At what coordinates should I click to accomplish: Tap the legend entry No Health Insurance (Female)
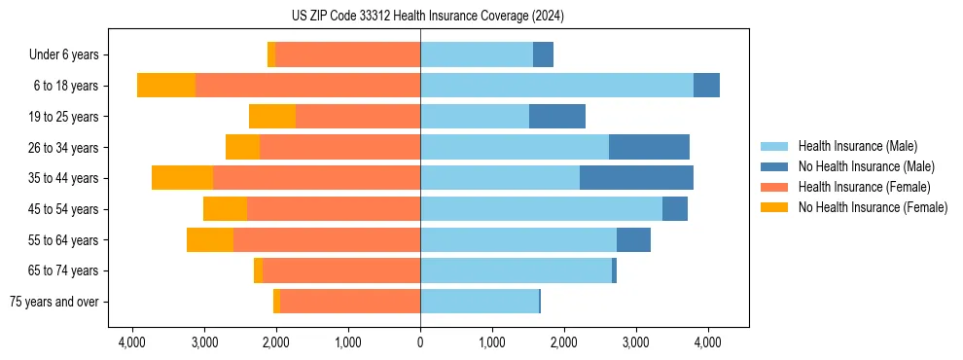[x=873, y=207]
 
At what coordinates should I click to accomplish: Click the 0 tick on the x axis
[x=420, y=342]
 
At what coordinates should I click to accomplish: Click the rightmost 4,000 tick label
[x=707, y=342]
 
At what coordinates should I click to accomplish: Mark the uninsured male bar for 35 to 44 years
[x=636, y=178]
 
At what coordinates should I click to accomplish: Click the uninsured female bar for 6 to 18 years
[x=166, y=86]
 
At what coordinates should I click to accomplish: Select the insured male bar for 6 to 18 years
[x=556, y=86]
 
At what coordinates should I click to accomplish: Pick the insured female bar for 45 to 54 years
[x=334, y=209]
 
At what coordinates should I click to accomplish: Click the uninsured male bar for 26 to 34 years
[x=649, y=147]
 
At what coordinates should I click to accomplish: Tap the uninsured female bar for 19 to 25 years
[x=272, y=117]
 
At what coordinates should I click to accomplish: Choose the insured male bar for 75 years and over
[x=480, y=302]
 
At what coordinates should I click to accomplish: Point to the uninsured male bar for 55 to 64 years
[x=633, y=239]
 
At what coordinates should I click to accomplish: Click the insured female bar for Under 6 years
[x=347, y=55]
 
